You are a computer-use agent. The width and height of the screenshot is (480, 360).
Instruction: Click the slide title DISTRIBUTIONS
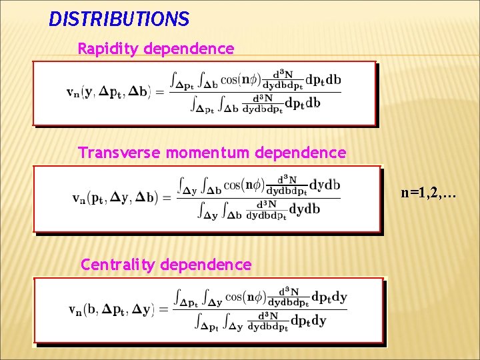coord(119,18)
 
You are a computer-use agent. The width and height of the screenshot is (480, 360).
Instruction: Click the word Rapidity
coord(108,49)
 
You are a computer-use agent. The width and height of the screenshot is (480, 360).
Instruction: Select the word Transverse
coord(120,153)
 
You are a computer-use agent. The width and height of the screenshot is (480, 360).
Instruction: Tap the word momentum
coord(205,153)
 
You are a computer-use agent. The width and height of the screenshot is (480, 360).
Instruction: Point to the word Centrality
coord(115,265)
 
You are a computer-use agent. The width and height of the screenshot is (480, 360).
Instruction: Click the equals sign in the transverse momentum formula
coord(167,198)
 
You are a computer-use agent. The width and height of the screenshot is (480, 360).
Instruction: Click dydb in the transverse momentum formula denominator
coord(305,209)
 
